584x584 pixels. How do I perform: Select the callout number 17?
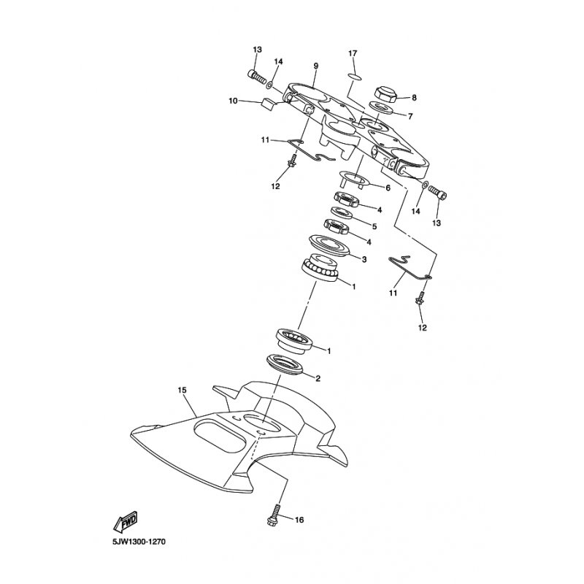tap(353, 53)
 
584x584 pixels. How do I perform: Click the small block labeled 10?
tap(269, 104)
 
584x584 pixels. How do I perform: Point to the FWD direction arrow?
tap(126, 520)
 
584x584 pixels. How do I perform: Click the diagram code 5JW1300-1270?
tap(139, 542)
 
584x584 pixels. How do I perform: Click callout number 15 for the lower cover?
tap(182, 391)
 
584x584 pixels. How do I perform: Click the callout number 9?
tap(316, 66)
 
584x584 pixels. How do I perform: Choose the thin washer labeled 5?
tap(342, 213)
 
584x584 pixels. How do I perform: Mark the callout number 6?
tap(388, 188)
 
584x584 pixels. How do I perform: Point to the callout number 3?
tap(364, 259)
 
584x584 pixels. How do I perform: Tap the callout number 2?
tap(318, 379)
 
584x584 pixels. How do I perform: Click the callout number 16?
tap(299, 520)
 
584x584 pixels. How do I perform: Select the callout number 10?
tap(233, 101)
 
